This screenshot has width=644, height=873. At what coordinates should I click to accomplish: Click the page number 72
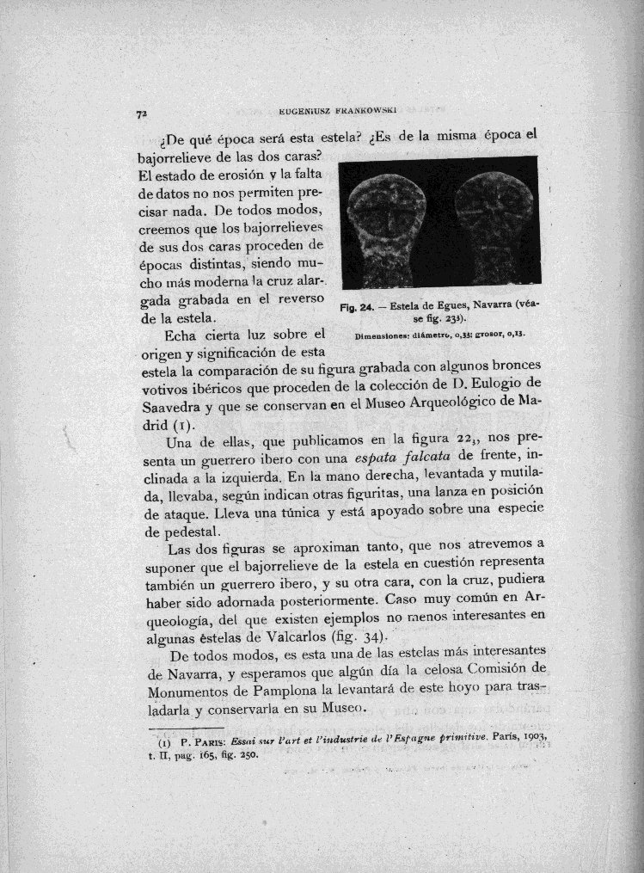[x=138, y=113]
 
